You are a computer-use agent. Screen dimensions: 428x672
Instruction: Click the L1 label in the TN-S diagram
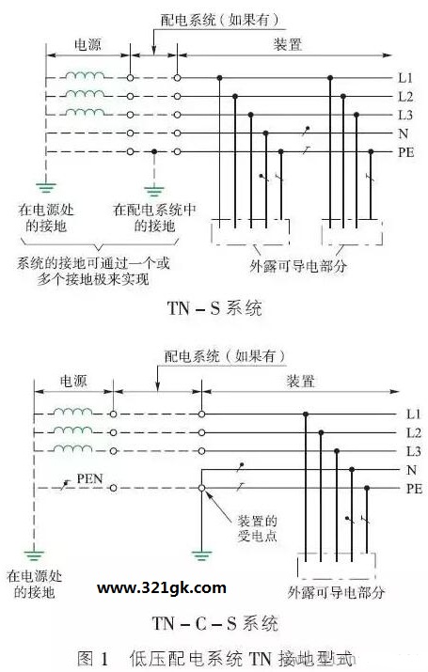pyautogui.click(x=405, y=78)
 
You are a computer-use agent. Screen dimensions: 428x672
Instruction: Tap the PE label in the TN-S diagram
pyautogui.click(x=405, y=152)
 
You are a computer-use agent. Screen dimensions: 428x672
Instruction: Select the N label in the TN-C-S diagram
pyautogui.click(x=411, y=470)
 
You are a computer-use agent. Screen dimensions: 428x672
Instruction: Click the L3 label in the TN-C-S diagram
pyautogui.click(x=413, y=451)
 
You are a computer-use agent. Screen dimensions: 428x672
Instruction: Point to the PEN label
pyautogui.click(x=89, y=478)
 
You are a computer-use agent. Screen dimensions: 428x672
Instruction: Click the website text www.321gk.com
pyautogui.click(x=162, y=587)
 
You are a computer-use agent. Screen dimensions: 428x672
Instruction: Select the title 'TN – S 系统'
pyautogui.click(x=214, y=308)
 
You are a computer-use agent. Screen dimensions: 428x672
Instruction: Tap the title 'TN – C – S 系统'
pyautogui.click(x=214, y=623)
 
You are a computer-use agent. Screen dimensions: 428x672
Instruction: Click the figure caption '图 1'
pyautogui.click(x=92, y=658)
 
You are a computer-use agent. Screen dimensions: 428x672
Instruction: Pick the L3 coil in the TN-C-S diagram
pyautogui.click(x=72, y=448)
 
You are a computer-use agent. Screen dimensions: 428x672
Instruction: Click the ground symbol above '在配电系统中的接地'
pyautogui.click(x=154, y=190)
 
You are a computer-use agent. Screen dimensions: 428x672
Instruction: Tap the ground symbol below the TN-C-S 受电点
pyautogui.click(x=201, y=555)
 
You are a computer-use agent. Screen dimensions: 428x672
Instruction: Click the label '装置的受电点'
pyautogui.click(x=258, y=528)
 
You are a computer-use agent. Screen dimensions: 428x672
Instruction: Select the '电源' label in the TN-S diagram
pyautogui.click(x=87, y=44)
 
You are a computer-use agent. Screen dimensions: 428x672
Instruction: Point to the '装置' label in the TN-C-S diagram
pyautogui.click(x=300, y=381)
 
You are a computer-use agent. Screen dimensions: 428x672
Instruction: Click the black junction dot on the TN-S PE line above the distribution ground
pyautogui.click(x=154, y=151)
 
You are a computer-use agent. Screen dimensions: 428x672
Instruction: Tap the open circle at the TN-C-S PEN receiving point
pyautogui.click(x=201, y=488)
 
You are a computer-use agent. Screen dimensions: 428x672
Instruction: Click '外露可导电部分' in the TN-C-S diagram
pyautogui.click(x=336, y=592)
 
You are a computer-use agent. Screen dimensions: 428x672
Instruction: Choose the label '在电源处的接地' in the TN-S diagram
pyautogui.click(x=46, y=218)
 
